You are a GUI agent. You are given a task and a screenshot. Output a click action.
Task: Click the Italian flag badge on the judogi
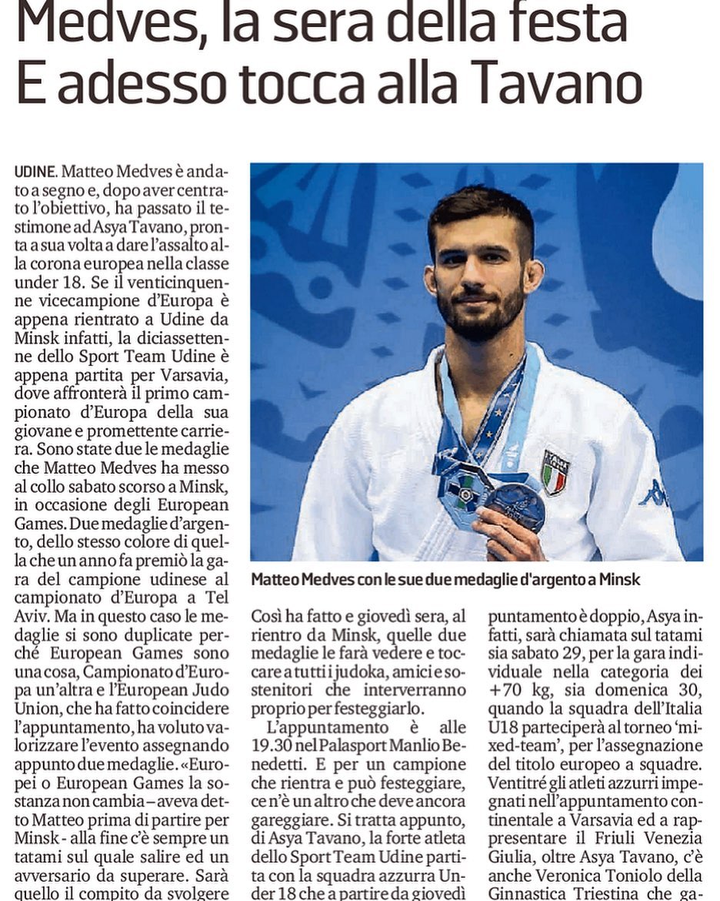[554, 471]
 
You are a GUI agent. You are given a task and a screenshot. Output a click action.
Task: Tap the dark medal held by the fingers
[515, 506]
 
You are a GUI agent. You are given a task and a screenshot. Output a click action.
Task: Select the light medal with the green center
[465, 490]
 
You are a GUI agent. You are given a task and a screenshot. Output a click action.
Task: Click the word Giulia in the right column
[510, 857]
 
